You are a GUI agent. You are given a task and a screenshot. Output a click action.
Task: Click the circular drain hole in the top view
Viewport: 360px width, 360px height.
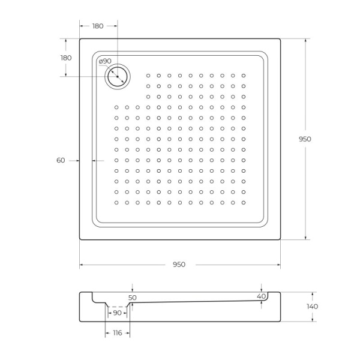(117, 76)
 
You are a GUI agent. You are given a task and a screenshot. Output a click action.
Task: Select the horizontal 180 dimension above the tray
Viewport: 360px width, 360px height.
(98, 26)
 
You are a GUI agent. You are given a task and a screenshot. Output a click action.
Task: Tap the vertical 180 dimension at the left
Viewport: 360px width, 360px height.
(66, 58)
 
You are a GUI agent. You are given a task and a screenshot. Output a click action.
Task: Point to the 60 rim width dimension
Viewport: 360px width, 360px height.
(61, 160)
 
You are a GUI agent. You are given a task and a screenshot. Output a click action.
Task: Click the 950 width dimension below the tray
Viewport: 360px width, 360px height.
(179, 265)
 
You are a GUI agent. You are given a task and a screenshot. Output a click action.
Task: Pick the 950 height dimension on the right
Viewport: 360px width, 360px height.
(305, 139)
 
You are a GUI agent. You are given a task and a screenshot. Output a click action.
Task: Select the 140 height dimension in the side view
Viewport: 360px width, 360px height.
(311, 307)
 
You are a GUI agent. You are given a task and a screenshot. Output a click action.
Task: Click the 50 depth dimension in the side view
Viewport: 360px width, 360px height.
(133, 297)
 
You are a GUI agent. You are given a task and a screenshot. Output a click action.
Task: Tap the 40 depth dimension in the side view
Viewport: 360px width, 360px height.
(260, 296)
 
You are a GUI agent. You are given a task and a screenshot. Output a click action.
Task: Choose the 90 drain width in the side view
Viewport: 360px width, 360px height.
(117, 313)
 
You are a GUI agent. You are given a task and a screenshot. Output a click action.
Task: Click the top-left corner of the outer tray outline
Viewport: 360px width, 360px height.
(80, 40)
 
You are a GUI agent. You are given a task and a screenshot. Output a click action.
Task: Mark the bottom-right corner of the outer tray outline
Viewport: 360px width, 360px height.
(280, 239)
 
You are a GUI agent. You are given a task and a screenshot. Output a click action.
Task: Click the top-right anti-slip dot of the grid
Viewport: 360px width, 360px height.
(243, 76)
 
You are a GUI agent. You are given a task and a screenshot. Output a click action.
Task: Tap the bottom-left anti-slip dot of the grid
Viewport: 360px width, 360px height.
(116, 202)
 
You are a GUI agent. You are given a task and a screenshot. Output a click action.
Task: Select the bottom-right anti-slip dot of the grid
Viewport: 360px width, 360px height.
(243, 202)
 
